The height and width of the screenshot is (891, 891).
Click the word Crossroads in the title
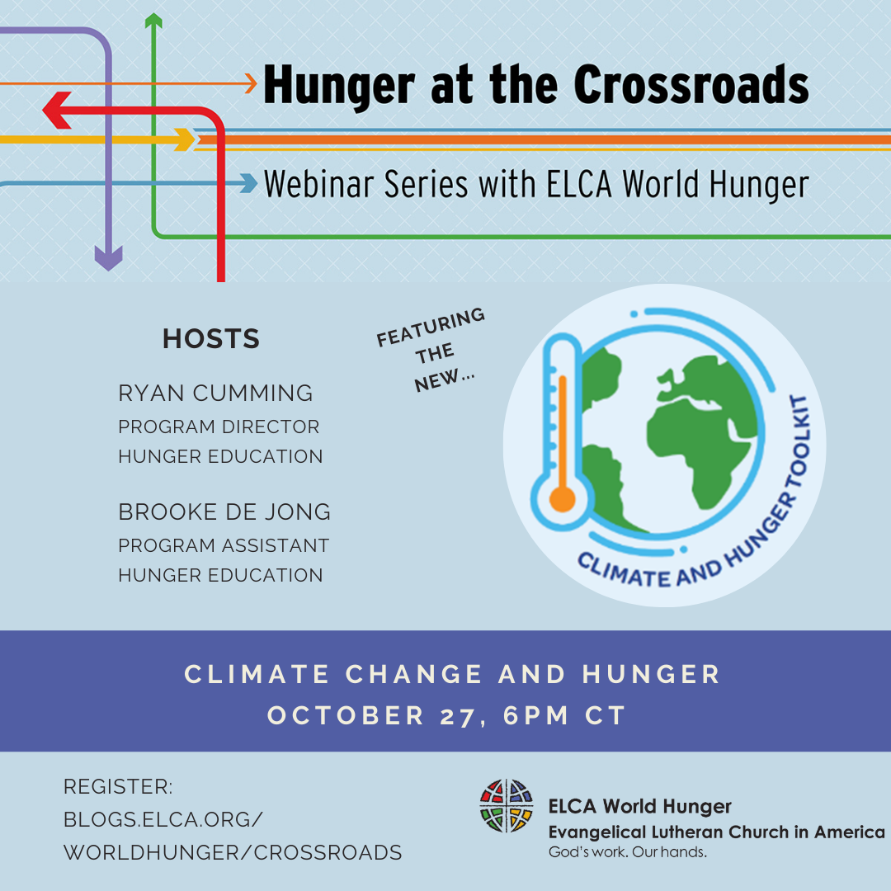coord(691,85)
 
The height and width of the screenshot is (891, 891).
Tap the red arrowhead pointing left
coord(57,111)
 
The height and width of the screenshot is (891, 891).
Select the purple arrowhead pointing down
coord(109,258)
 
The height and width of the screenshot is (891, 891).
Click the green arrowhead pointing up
coord(153,21)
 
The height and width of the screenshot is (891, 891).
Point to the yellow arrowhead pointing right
coord(185,139)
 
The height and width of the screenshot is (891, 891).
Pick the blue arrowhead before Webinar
coord(248,183)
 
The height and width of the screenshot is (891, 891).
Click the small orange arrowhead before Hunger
coord(251,83)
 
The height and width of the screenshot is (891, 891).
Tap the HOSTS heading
coord(211,339)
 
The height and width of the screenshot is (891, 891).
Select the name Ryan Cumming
coord(215,394)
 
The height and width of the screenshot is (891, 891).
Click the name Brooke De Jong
coord(224,512)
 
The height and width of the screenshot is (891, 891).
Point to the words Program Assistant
coord(224,545)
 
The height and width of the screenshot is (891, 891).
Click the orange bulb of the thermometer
coord(562,500)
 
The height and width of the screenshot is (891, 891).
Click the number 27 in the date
coord(457,716)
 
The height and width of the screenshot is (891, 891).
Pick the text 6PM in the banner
coord(535,715)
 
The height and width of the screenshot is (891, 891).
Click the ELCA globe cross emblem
coord(507,806)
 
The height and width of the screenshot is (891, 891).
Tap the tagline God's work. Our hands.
coord(627,852)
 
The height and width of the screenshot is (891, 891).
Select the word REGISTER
coord(118,787)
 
